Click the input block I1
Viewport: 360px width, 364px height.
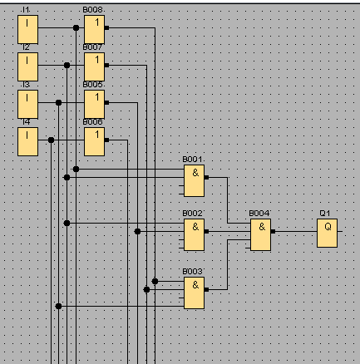point(27,29)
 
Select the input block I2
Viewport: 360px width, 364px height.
point(27,66)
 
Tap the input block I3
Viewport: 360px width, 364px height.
point(27,104)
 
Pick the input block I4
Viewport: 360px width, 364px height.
point(27,141)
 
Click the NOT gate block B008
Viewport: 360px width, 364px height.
point(95,29)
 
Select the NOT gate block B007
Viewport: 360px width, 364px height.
point(95,66)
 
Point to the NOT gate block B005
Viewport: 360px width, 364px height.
point(95,104)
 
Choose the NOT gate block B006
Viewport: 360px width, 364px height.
point(95,141)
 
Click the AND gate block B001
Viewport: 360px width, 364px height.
point(195,180)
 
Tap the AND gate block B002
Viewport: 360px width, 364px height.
point(195,234)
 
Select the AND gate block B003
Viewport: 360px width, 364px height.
point(195,293)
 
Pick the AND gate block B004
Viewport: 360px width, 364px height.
point(261,234)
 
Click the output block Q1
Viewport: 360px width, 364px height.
point(328,233)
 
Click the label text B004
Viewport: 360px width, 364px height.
point(259,214)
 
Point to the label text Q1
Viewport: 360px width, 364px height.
point(325,214)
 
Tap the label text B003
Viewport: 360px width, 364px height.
point(192,272)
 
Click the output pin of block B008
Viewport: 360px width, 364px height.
point(106,27)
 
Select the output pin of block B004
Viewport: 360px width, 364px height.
point(273,231)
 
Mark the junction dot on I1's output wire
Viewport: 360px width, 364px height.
point(76,27)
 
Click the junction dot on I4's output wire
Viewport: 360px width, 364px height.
point(51,140)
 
